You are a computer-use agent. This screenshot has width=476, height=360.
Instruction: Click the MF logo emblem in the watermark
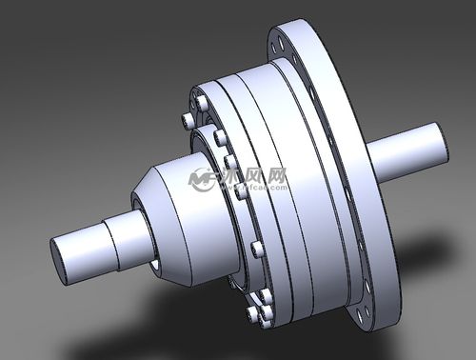click(203, 178)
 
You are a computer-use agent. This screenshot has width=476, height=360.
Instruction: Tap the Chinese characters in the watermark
click(253, 176)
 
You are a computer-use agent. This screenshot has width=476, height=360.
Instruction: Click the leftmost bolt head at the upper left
click(185, 120)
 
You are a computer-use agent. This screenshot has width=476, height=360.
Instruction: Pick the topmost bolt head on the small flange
click(202, 101)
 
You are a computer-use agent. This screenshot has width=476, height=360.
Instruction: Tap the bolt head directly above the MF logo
click(220, 139)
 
